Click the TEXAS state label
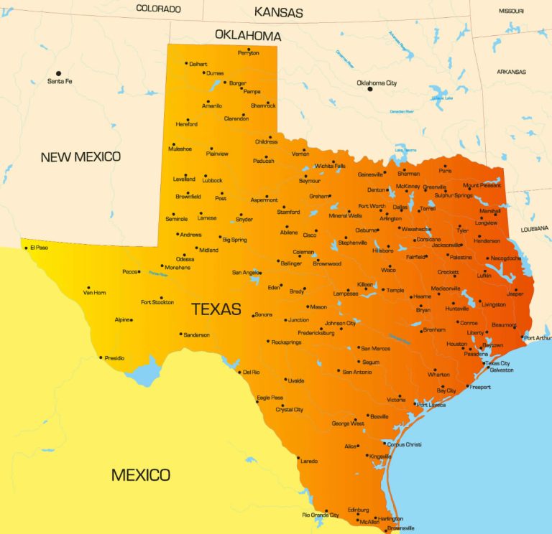[x=216, y=309]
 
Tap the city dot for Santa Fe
[x=59, y=73]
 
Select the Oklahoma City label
[x=377, y=83]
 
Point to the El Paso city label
[x=39, y=248]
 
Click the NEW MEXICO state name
[x=80, y=156]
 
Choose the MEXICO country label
[x=141, y=474]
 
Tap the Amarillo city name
[x=212, y=106]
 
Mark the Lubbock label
[x=213, y=180]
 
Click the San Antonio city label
[x=357, y=372]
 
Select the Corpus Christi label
[x=404, y=444]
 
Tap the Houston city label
[x=456, y=344]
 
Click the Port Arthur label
[x=538, y=338]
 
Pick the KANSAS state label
[x=279, y=12]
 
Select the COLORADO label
[x=158, y=9]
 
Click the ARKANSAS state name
[x=511, y=72]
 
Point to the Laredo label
[x=308, y=460]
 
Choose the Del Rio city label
[x=251, y=372]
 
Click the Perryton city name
[x=249, y=52]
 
